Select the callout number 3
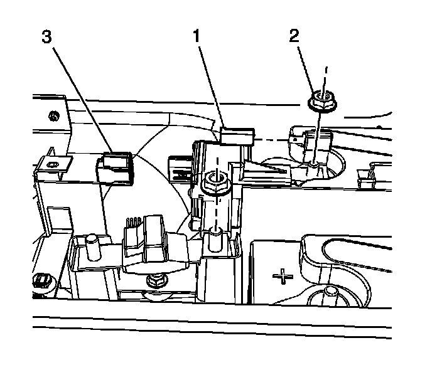[46, 36]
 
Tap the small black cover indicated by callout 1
[238, 135]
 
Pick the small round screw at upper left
[55, 115]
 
